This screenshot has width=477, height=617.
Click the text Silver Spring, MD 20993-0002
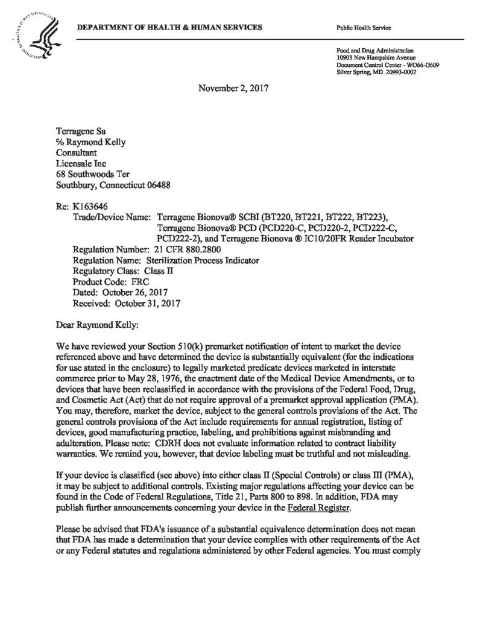[x=375, y=71]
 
